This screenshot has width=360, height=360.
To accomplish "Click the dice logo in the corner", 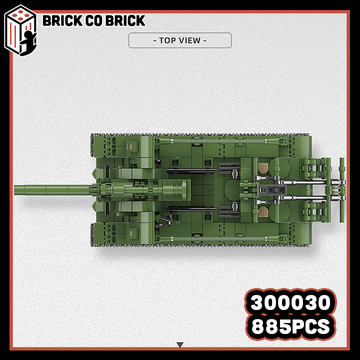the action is click(x=20, y=30).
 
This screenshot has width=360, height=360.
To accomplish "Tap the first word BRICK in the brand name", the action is click(x=62, y=20).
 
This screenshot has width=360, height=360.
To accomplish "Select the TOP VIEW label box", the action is click(x=180, y=40).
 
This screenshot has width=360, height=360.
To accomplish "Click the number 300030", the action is click(x=290, y=302).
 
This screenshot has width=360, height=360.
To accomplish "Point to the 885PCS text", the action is click(x=290, y=326).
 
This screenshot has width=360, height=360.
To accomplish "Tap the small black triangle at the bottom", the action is click(x=180, y=344).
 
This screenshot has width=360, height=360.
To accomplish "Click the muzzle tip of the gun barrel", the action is click(x=15, y=190).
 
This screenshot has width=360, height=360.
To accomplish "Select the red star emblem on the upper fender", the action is click(x=131, y=146).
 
